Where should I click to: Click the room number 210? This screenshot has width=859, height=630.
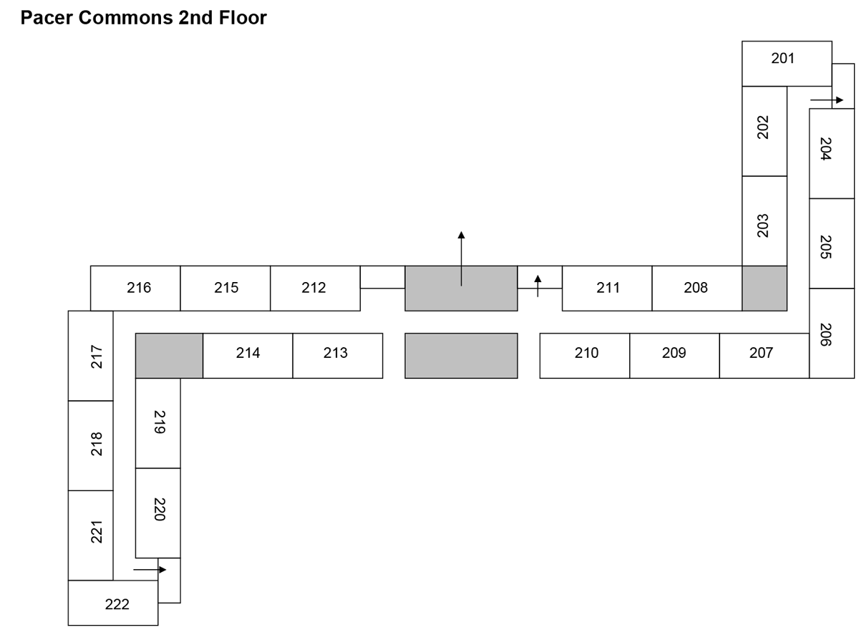pyautogui.click(x=586, y=353)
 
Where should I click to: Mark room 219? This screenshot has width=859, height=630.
pyautogui.click(x=158, y=422)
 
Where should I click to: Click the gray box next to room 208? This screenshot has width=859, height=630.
pyautogui.click(x=764, y=289)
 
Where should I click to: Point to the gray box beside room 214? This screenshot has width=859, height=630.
pyautogui.click(x=169, y=355)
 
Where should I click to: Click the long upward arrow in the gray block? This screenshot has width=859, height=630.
pyautogui.click(x=461, y=258)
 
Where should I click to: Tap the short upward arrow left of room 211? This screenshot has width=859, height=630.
pyautogui.click(x=538, y=284)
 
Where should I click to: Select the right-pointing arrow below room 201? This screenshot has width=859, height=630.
pyautogui.click(x=827, y=100)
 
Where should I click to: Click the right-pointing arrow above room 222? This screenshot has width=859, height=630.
pyautogui.click(x=150, y=570)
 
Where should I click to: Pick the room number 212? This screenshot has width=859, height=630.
pyautogui.click(x=314, y=289)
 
